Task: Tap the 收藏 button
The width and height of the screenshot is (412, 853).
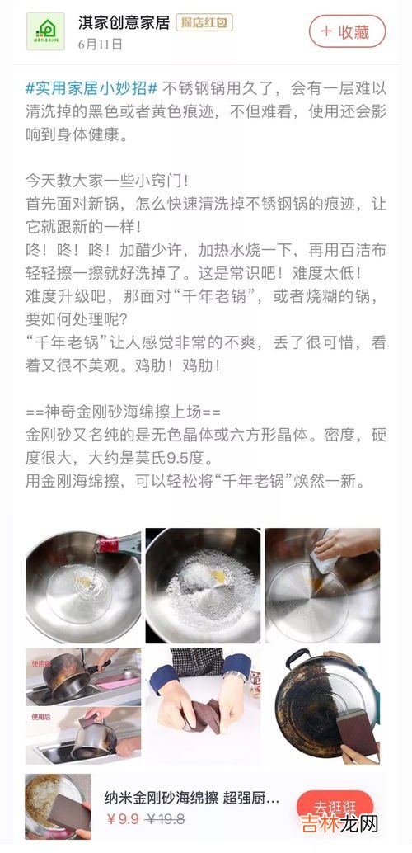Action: click(x=348, y=31)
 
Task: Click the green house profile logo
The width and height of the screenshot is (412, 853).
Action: click(x=45, y=31)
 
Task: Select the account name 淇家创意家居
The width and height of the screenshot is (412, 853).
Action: click(x=124, y=23)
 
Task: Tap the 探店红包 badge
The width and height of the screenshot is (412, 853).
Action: click(x=204, y=23)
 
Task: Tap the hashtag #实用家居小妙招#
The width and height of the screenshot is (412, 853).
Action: click(x=91, y=87)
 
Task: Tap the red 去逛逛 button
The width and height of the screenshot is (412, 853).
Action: click(x=335, y=807)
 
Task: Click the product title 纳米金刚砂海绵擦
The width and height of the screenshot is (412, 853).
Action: click(x=162, y=798)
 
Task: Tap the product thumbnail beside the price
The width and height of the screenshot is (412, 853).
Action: click(x=59, y=807)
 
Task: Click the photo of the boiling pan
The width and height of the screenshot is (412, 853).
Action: click(x=203, y=586)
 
